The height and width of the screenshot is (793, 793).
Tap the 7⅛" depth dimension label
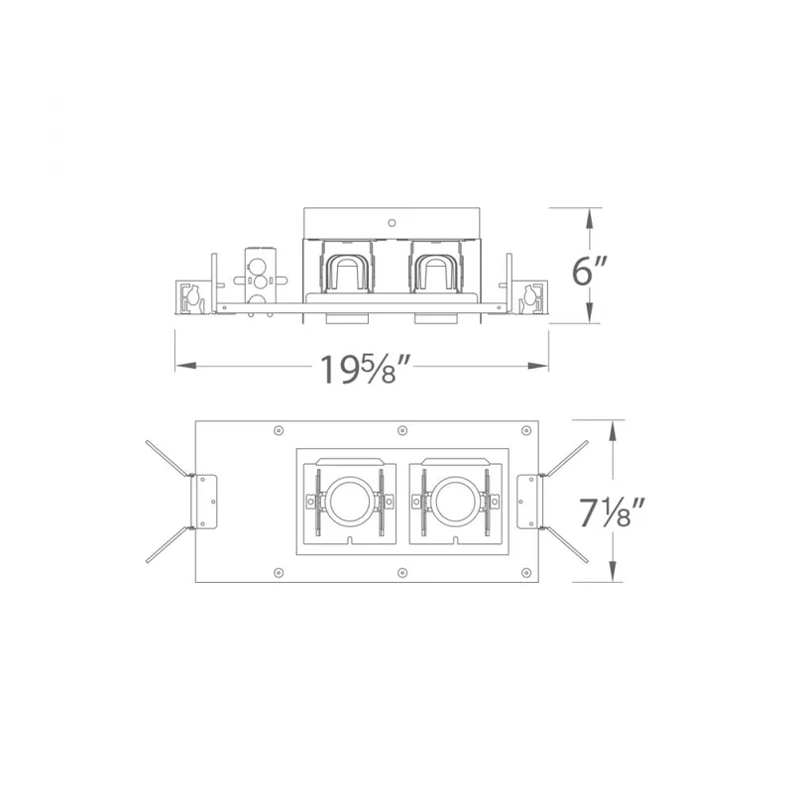click(612, 512)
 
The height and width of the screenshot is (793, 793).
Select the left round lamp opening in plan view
click(349, 502)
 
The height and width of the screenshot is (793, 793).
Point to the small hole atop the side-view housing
click(392, 222)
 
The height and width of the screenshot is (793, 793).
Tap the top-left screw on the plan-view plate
click(279, 430)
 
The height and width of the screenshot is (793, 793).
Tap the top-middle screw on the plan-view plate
click(402, 430)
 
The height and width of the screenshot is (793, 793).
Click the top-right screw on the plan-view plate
click(526, 430)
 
